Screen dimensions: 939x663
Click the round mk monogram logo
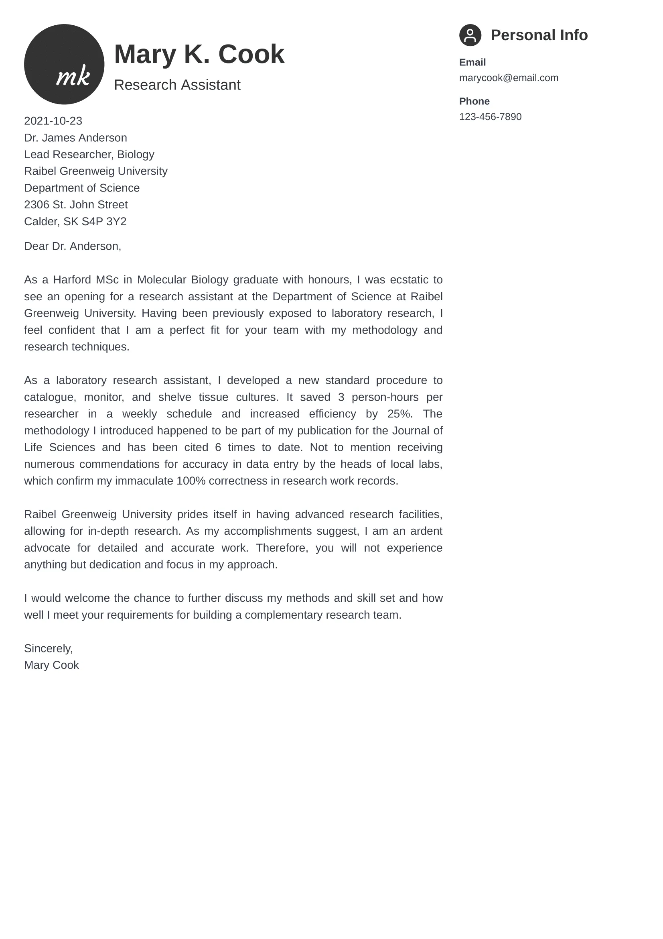coord(64,64)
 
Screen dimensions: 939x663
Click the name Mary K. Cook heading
coord(199,54)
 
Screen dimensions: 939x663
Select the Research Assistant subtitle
coord(177,85)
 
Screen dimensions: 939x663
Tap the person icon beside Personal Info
coord(470,35)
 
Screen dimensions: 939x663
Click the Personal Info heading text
coord(539,35)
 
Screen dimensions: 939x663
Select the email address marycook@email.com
coord(508,78)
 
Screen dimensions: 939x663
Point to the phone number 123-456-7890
coord(490,116)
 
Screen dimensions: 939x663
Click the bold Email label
coord(472,62)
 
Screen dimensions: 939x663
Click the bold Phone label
coord(474,101)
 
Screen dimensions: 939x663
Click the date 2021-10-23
coord(53,121)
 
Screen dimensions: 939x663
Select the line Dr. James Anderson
coord(75,137)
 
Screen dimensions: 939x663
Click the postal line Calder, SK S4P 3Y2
coord(75,221)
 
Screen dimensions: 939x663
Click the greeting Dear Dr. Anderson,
coord(73,246)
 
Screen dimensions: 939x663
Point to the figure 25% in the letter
coord(399,413)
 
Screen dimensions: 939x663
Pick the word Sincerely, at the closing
coord(48,648)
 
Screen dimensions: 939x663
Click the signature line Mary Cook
coord(51,665)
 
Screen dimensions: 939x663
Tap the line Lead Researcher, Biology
coord(89,154)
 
